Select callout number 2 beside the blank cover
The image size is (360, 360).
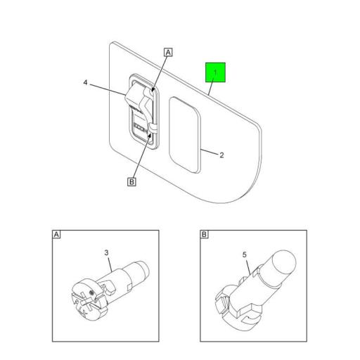click(x=221, y=155)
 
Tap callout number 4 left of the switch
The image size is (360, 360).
click(x=84, y=84)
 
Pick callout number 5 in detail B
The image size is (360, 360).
click(x=245, y=266)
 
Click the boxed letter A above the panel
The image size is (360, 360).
click(x=167, y=51)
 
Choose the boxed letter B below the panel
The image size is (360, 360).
click(x=131, y=182)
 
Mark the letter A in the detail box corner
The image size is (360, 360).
click(x=56, y=233)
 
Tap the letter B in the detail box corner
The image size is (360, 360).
click(x=205, y=233)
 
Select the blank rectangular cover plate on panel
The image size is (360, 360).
click(x=184, y=134)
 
